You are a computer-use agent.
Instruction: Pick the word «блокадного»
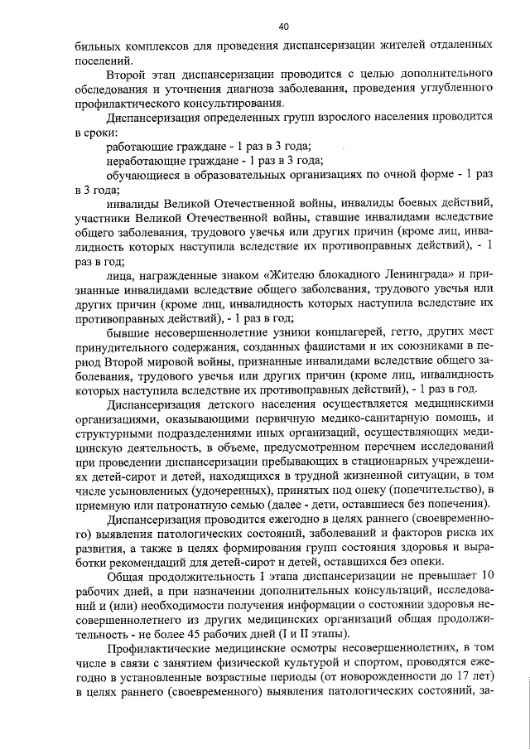[x=325, y=275]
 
